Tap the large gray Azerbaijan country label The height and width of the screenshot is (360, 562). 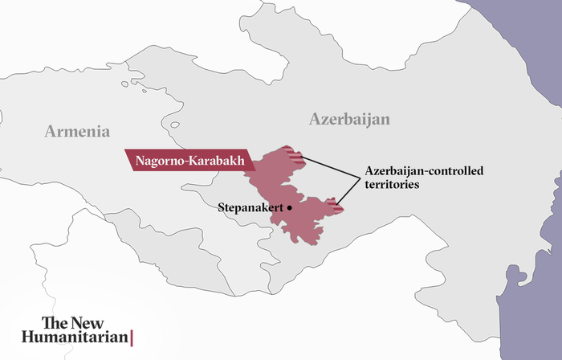(349, 120)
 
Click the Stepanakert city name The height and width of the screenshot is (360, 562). (250, 207)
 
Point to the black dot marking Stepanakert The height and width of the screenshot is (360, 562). (290, 207)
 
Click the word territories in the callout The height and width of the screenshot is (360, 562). (392, 184)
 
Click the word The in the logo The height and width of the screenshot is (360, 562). (55, 323)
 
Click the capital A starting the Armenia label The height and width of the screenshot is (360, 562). (51, 132)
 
